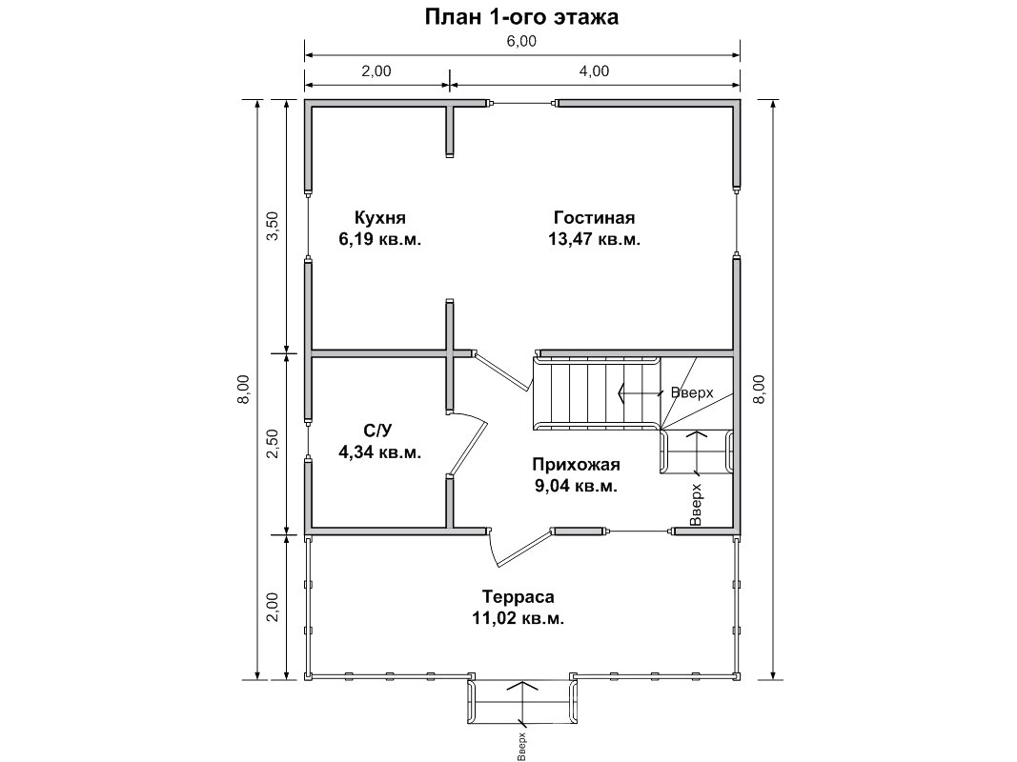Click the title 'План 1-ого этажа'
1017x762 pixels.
pos(521,17)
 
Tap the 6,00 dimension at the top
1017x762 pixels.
pos(521,42)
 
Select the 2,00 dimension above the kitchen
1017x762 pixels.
pos(376,71)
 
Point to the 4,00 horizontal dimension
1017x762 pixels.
pos(594,71)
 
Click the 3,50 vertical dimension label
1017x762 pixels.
pos(273,226)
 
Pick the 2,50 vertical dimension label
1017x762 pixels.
pos(273,444)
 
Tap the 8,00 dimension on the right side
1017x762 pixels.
pos(760,390)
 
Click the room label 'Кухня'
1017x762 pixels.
pos(380,218)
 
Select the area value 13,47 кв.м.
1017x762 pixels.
pos(594,239)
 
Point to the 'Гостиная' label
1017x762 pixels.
pos(594,218)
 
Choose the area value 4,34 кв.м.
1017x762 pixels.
pos(380,451)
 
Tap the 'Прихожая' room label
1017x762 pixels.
pos(576,465)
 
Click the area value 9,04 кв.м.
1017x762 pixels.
pos(576,486)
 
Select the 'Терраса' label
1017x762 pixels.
pos(519,596)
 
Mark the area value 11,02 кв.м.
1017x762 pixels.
pos(519,618)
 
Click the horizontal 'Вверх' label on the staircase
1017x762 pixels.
pos(692,392)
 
